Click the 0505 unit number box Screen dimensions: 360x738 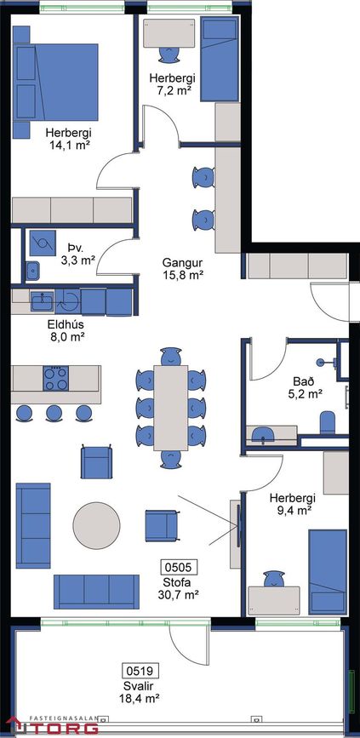point(179,566)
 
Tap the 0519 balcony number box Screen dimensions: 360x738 point(140,670)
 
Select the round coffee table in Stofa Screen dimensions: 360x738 point(96,525)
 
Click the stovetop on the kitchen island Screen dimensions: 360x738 point(56,379)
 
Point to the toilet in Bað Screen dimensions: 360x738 point(328,423)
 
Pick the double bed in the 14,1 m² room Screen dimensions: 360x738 point(55,83)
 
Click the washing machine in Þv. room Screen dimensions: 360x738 point(43,243)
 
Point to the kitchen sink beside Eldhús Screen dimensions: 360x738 point(43,300)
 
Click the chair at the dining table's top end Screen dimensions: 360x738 point(171,357)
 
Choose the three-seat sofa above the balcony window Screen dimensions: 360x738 point(96,592)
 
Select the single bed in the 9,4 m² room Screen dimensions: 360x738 point(328,572)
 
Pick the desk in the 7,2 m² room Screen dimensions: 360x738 point(169,33)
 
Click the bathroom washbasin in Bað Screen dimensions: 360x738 point(263,434)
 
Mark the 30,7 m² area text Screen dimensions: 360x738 point(178,594)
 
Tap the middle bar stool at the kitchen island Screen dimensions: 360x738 point(54,413)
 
